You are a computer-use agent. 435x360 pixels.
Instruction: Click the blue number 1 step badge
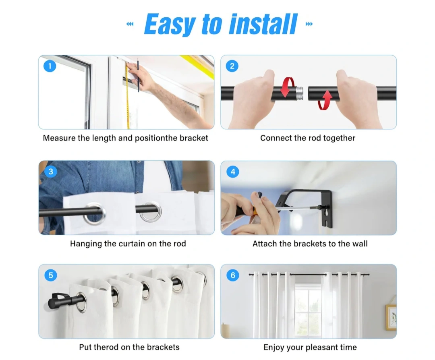tap(50, 66)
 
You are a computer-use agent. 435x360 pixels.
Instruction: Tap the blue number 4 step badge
tap(233, 172)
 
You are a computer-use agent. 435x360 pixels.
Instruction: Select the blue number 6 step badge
tap(233, 275)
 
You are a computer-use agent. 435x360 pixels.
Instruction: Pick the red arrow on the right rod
tap(325, 100)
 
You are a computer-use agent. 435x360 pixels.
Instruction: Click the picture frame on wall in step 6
tap(391, 317)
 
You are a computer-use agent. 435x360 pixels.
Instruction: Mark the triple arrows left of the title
tap(130, 24)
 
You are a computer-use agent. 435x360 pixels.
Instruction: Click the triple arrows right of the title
tap(309, 24)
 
